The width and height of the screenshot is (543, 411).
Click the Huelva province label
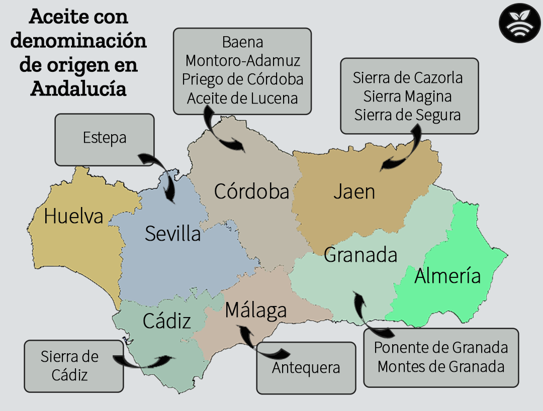point(73,216)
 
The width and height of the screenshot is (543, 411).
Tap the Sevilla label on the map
point(172,234)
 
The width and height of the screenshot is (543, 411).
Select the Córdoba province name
point(251,191)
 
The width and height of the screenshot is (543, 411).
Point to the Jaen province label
point(354,191)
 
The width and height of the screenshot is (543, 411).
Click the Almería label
point(447,276)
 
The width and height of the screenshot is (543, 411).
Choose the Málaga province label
point(255,310)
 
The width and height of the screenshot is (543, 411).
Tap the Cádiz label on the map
point(167,321)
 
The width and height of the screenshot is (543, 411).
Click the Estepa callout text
point(105,138)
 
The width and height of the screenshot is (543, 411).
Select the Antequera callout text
point(306,368)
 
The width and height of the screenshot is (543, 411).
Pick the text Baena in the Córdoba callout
point(242,42)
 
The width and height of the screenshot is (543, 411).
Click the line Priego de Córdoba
point(242,79)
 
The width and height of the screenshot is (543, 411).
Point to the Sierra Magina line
point(407,96)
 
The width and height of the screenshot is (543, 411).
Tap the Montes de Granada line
point(441,366)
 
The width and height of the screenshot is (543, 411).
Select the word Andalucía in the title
point(78,88)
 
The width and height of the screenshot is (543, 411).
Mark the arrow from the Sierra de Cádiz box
point(146,361)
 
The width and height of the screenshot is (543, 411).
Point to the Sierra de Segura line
point(407,115)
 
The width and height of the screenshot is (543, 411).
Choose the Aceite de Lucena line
point(242,98)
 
